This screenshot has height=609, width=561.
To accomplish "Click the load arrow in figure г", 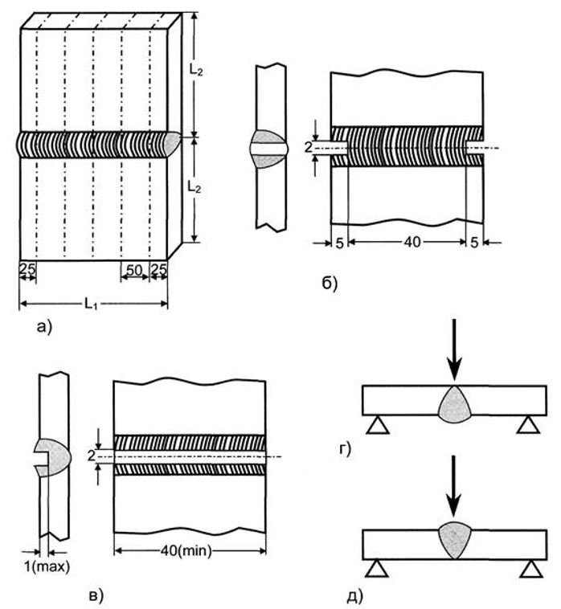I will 455,349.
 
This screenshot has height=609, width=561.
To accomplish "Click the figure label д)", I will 354,595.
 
